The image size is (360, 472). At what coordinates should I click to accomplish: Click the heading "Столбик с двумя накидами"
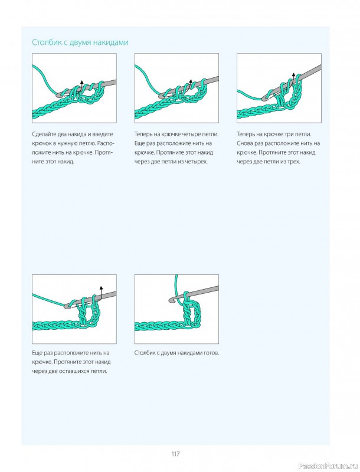coord(80,42)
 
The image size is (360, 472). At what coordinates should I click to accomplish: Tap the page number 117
coord(175,454)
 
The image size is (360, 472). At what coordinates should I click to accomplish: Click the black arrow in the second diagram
coord(190,84)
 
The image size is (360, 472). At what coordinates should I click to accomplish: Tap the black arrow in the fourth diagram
coord(102,291)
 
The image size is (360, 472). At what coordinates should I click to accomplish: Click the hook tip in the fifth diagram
coord(172,300)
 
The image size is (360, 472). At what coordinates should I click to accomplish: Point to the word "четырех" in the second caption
coord(198,162)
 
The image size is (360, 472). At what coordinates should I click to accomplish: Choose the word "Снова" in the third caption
coord(244,143)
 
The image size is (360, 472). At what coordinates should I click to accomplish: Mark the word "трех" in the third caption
coord(294,162)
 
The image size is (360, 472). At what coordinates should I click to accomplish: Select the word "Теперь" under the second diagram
coord(143,135)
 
